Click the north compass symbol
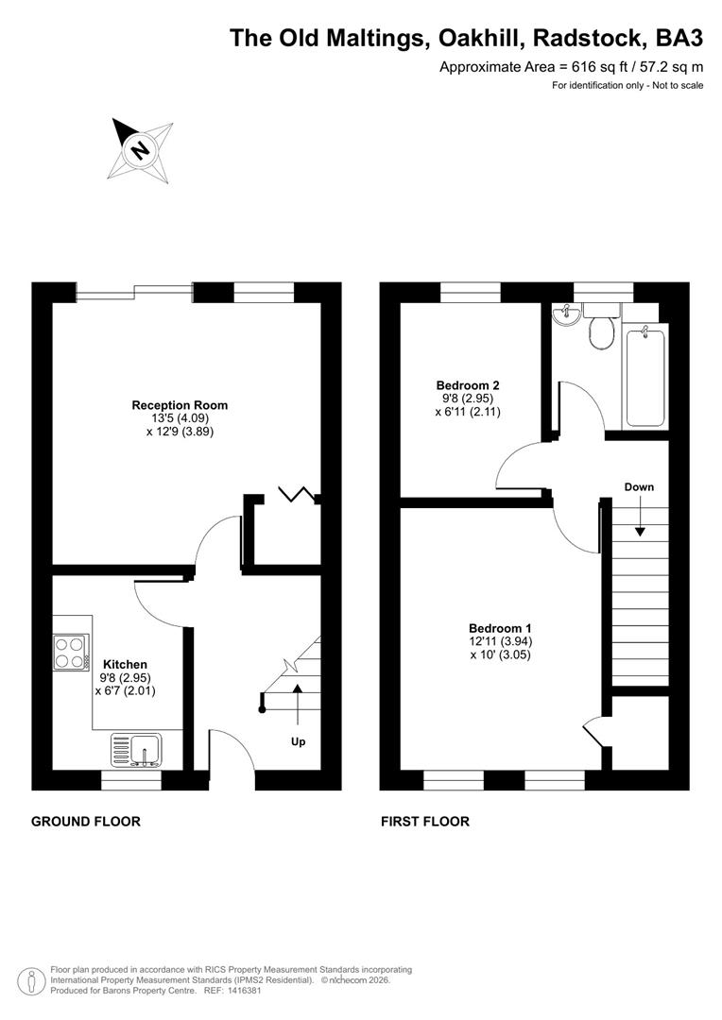[141, 149]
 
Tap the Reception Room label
[180, 405]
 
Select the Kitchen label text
[125, 664]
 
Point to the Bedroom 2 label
[467, 384]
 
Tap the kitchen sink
[138, 750]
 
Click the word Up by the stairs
[298, 742]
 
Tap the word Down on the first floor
[639, 487]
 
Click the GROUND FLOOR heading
[86, 822]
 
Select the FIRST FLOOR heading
[425, 822]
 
